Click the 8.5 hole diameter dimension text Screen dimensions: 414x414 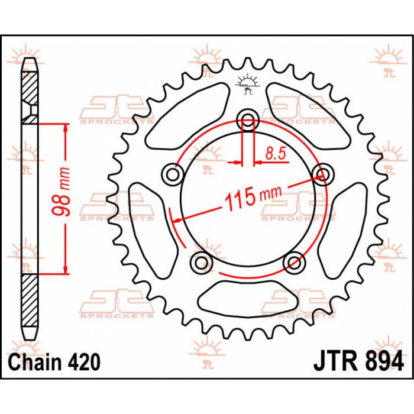(x=276, y=154)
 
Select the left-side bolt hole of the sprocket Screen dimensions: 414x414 (x=173, y=175)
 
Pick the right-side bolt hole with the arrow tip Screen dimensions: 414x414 (x=322, y=174)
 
